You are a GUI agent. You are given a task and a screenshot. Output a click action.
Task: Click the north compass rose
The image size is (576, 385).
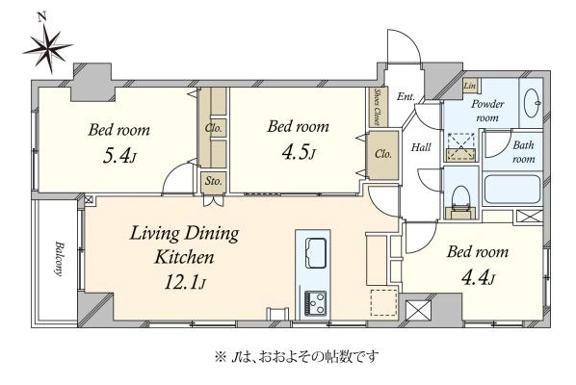click(x=48, y=48)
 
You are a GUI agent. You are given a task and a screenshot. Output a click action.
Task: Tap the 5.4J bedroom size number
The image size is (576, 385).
click(x=119, y=156)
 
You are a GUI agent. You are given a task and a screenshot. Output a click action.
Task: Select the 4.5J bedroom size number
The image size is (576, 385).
click(x=299, y=152)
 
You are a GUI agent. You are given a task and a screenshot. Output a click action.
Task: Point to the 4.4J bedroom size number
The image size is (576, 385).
click(x=478, y=278)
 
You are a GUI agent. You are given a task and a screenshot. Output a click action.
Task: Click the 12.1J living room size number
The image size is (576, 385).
click(x=185, y=282)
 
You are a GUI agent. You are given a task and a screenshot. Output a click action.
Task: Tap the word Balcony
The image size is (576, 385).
click(x=59, y=258)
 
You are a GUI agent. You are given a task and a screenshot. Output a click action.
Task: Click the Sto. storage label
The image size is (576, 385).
click(x=214, y=181)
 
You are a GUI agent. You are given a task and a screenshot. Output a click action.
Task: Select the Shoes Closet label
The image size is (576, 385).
click(x=378, y=107)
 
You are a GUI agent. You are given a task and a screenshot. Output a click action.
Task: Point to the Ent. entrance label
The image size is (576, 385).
click(x=406, y=96)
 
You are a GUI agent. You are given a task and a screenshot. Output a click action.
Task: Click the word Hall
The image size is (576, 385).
click(x=421, y=147)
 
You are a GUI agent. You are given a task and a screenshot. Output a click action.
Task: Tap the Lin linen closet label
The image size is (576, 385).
click(x=470, y=86)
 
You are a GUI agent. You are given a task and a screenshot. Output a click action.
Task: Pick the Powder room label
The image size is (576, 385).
click(x=487, y=111)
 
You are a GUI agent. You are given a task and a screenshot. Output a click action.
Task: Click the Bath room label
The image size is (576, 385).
click(x=523, y=151)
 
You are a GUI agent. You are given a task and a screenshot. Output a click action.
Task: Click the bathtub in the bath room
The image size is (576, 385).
click(x=512, y=190)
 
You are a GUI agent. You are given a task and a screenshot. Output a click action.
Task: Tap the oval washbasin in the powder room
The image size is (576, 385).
click(x=533, y=104)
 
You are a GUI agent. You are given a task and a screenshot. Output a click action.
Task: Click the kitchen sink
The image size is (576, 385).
click(x=315, y=253)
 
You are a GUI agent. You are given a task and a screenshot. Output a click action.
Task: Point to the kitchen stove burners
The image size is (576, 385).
click(x=315, y=303)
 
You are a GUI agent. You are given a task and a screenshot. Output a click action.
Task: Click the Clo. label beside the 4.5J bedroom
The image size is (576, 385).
click(x=383, y=154)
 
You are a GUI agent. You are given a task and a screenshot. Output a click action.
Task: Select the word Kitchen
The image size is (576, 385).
click(x=184, y=257)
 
